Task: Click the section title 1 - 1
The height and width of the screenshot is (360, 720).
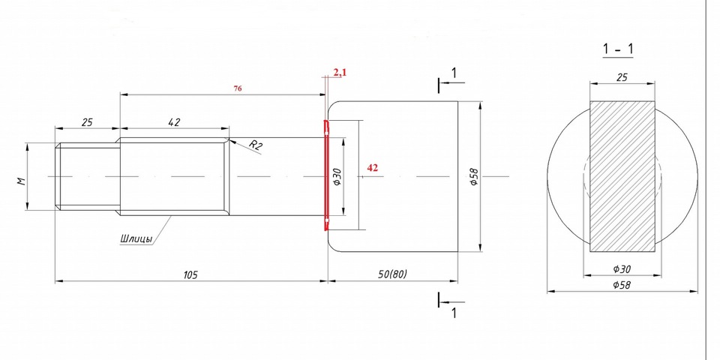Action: pyautogui.click(x=618, y=49)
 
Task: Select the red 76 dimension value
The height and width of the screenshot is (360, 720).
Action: pyautogui.click(x=238, y=88)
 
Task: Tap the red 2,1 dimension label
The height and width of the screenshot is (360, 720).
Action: pyautogui.click(x=340, y=71)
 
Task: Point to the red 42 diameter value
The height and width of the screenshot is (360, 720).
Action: pyautogui.click(x=373, y=168)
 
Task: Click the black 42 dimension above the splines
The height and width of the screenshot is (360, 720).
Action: pyautogui.click(x=174, y=122)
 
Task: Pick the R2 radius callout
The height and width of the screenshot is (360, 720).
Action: pyautogui.click(x=256, y=145)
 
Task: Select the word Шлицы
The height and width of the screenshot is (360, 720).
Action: pyautogui.click(x=136, y=238)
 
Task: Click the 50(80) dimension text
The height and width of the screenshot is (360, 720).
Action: pyautogui.click(x=392, y=274)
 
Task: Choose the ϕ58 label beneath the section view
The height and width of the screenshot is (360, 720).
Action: pyautogui.click(x=622, y=285)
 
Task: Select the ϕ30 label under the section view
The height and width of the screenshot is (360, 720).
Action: pyautogui.click(x=622, y=269)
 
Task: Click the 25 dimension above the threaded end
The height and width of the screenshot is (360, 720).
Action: pyautogui.click(x=87, y=122)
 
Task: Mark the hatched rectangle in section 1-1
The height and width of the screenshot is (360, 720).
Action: pyautogui.click(x=622, y=176)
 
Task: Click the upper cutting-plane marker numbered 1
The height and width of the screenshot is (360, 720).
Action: pyautogui.click(x=451, y=80)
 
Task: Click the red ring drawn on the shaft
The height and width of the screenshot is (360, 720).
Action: pyautogui.click(x=326, y=175)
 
